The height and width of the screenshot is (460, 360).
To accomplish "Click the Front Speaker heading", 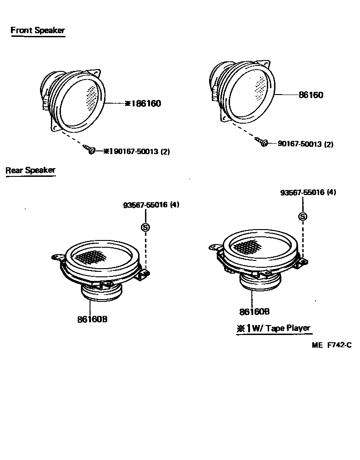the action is coord(38,31).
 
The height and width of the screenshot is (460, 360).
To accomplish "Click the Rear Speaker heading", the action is coord(30,170).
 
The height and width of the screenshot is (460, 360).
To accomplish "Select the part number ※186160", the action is coord(143,104).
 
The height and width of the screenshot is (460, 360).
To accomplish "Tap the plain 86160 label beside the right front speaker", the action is coord(311,95).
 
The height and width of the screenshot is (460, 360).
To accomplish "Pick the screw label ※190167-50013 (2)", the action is coord(136,151).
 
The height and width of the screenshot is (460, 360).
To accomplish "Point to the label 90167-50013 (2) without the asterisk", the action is coord(305,144).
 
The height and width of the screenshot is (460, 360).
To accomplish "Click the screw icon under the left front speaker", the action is coord(90,149).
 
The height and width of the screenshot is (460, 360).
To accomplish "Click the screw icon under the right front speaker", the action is coord(262,142).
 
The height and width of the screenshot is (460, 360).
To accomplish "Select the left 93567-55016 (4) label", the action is coord(151,205).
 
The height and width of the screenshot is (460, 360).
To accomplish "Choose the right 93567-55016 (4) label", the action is coord(308,192).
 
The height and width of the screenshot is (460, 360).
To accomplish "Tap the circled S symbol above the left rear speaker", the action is coord(145,227).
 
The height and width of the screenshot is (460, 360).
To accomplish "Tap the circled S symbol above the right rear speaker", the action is coord(302,216).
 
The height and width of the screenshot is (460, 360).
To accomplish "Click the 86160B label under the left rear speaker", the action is coord(92,319).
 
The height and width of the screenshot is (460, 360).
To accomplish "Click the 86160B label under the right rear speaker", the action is coord(255,311).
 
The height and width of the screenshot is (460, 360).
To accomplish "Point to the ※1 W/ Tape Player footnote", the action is coord(273,328).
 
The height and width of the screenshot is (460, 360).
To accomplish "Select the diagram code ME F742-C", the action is coord(332,345).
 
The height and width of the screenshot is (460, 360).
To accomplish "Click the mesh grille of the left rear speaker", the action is coord(93,256).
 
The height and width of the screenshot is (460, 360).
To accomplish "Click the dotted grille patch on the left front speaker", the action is coord(92,97).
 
